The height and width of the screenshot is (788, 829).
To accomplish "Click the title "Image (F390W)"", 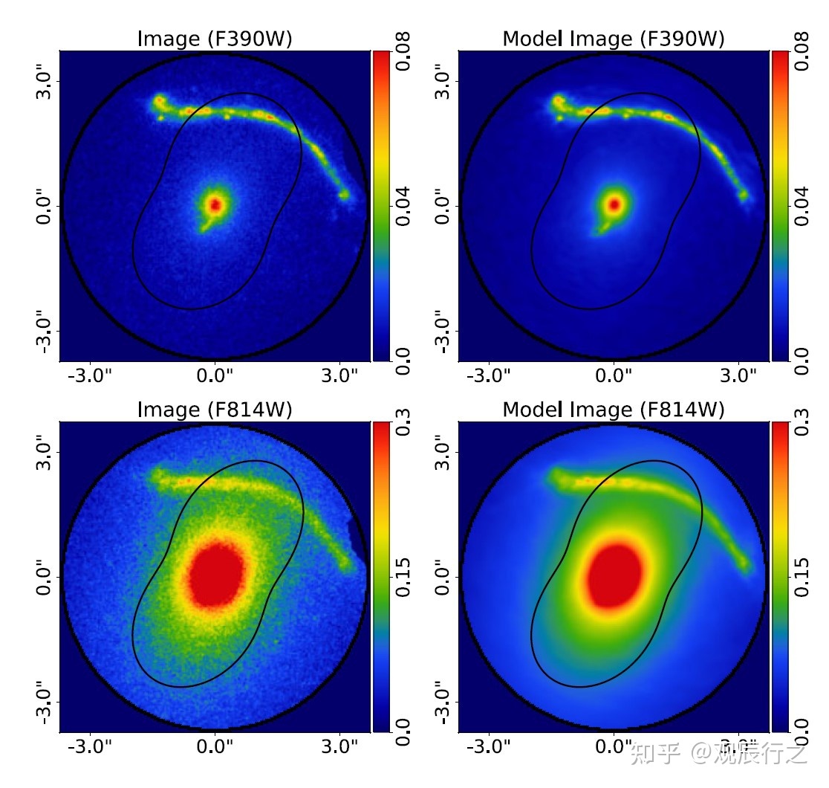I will (x=215, y=39).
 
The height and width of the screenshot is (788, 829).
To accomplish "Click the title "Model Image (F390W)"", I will (x=614, y=39).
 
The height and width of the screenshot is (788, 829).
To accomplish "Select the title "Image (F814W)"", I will (x=215, y=409).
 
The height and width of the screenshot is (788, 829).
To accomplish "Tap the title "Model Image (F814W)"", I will (x=614, y=409).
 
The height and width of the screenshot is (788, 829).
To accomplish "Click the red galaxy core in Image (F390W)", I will (x=215, y=204).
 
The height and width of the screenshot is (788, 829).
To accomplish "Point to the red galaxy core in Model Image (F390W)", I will (x=614, y=204).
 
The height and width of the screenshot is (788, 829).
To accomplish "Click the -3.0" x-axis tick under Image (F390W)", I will (x=90, y=375).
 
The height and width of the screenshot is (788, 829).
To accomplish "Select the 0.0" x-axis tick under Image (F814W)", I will (x=215, y=746).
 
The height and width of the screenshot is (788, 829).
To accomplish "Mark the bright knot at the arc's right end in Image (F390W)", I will (x=344, y=195).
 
